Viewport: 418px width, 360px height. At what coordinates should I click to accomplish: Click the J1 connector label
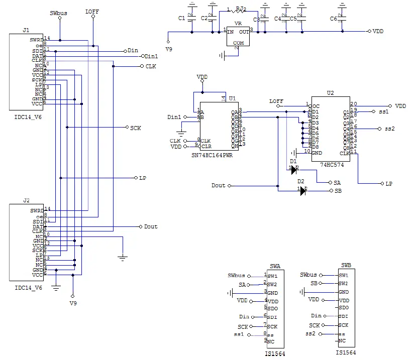pos(26,30)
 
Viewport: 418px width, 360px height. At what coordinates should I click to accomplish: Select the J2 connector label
pos(26,200)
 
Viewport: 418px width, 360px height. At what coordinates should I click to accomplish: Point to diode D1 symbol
pos(294,170)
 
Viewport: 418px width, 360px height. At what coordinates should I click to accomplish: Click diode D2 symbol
pos(302,191)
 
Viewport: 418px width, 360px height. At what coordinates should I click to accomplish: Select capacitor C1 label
pos(182,19)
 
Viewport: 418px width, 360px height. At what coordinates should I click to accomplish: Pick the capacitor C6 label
pos(334,19)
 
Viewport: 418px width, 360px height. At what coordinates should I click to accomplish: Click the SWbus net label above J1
pos(59,12)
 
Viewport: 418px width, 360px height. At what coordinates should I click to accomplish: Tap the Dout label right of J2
pos(151,226)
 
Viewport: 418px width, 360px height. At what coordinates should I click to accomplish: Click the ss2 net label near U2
pos(390,129)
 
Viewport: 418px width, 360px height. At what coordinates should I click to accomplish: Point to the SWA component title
pos(275,266)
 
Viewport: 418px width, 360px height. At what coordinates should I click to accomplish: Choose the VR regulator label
pos(238,24)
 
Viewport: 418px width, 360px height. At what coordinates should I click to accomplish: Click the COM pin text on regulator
pos(238,43)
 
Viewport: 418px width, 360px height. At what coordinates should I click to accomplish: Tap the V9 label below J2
pos(73,303)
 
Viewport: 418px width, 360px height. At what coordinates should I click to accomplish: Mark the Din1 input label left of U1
pos(174,117)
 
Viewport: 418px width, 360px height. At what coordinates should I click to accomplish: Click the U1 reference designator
pos(232,98)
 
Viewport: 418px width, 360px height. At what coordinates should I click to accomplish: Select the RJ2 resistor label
pos(241,9)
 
